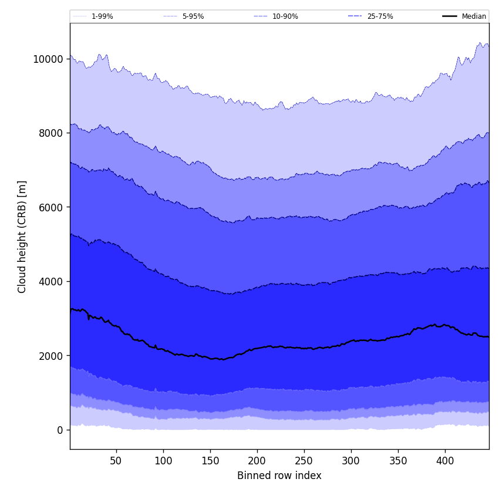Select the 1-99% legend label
tap(102, 16)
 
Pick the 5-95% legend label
tap(193, 16)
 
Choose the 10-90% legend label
tap(285, 16)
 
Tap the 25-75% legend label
tap(380, 16)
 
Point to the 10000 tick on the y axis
tap(48, 59)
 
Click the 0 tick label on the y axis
tap(60, 430)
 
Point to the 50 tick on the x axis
tap(116, 461)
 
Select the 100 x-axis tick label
tap(163, 461)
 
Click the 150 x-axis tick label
tap(210, 461)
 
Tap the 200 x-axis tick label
tap(257, 461)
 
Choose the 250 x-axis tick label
tap(304, 461)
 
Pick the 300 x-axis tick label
tap(351, 461)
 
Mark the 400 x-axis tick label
tap(445, 461)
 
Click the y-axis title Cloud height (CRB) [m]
tap(23, 237)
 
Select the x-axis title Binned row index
tap(279, 476)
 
